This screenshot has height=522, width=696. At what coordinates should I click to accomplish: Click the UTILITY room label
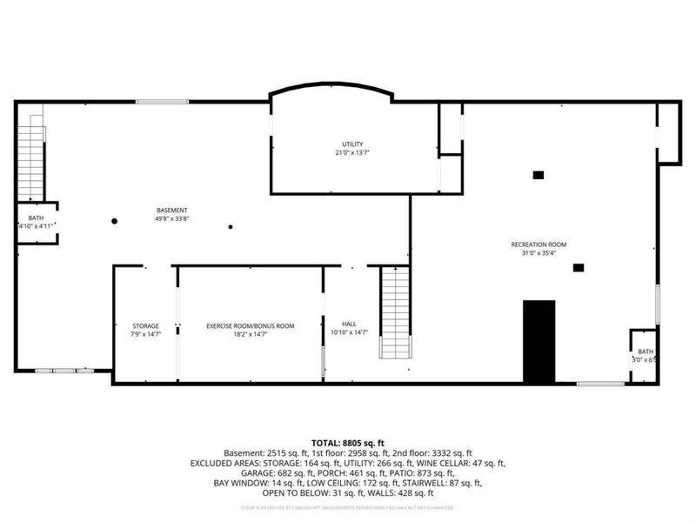click(351, 144)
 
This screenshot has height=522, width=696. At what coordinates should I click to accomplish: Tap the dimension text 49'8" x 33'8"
click(171, 219)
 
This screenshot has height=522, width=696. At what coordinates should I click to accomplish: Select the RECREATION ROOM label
click(539, 244)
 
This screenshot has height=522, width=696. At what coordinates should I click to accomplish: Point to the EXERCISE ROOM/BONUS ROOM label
click(250, 325)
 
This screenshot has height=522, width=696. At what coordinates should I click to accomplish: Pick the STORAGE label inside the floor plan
click(145, 325)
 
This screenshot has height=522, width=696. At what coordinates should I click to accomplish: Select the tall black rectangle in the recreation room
click(539, 341)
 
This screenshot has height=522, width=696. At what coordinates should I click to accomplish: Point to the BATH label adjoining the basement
click(36, 217)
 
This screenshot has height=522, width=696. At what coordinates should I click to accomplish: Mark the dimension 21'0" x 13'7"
click(351, 152)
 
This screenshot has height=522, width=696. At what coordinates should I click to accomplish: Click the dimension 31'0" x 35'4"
click(539, 254)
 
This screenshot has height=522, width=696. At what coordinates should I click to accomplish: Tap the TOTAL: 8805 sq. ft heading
click(348, 443)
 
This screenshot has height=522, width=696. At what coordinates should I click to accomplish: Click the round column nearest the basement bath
click(114, 221)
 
